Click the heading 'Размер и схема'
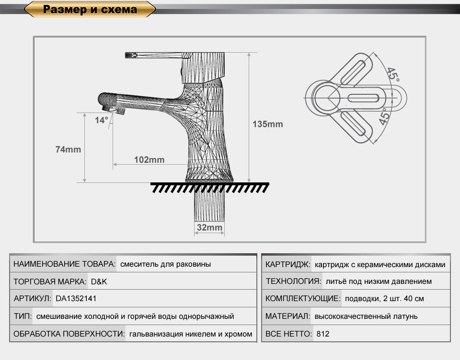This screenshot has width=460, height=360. pos(90,10)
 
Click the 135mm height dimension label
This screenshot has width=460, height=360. pos(267,124)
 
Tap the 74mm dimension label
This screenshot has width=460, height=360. pos(68,149)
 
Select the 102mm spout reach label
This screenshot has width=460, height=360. pos(149,160)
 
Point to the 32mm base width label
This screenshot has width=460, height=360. pos(209,227)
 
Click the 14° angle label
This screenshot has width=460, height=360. pos(102,120)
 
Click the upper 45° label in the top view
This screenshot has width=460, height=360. pos(393,75)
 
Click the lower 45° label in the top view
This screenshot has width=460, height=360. pos(385,116)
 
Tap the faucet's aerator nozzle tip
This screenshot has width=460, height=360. pos(115,111)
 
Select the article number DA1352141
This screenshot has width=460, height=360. pos(76,299)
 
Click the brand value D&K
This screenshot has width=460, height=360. pos(99,281)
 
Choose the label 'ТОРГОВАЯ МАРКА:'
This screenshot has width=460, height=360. pos(50,281)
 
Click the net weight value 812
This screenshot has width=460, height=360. pos(322,334)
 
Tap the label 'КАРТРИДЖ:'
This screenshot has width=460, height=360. pos(287,264)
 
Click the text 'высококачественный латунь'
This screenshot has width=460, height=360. pos(366,316)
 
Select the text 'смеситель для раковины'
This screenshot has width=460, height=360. pos(165,264)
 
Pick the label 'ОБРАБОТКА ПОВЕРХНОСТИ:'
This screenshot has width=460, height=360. pos(69,334)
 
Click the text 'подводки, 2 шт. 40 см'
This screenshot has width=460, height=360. pos(384,299)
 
